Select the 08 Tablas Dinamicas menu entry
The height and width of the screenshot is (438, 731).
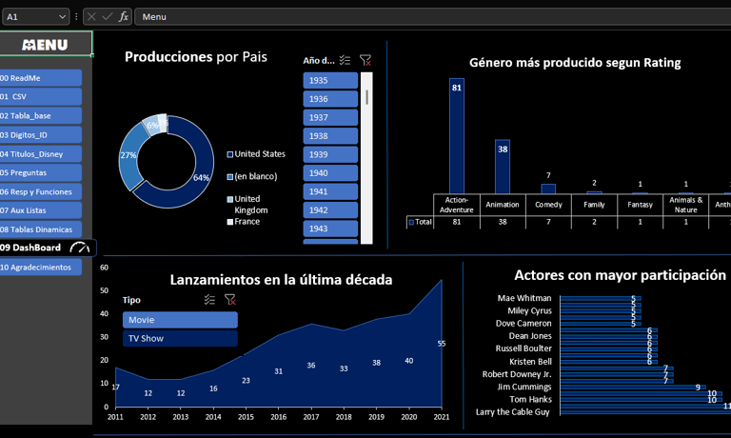[41, 229]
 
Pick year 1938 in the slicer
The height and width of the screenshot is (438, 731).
[330, 136]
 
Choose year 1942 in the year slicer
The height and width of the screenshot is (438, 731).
[330, 210]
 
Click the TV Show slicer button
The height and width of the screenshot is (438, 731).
[180, 338]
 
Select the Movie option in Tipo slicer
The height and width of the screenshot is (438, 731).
[180, 320]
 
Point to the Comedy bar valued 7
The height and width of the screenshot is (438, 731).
[548, 189]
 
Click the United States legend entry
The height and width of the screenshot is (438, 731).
[259, 154]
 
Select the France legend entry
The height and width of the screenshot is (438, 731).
[247, 222]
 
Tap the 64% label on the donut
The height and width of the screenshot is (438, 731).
[201, 178]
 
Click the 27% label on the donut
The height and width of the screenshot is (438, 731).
[128, 155]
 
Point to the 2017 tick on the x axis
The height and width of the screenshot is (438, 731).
[311, 417]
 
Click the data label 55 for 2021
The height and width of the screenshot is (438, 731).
[442, 344]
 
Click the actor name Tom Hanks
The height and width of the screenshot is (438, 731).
[529, 400]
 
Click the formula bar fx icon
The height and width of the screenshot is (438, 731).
[124, 16]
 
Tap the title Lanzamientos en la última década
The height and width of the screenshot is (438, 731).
[281, 280]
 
